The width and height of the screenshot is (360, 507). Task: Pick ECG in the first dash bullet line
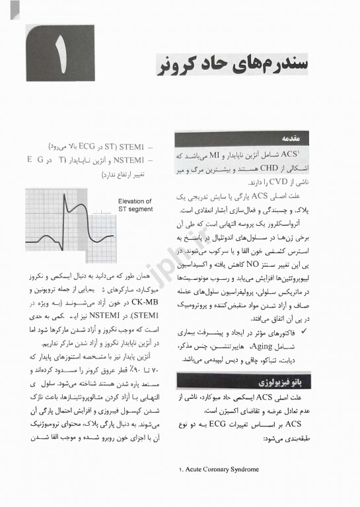80,147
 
